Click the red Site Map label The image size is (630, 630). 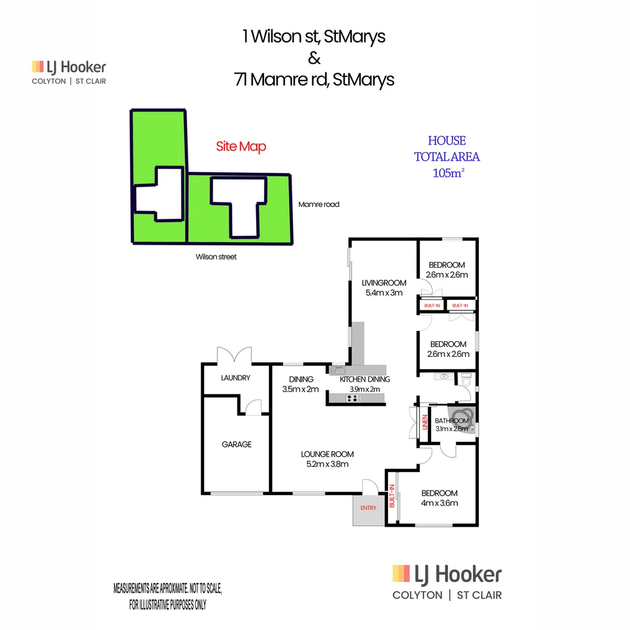[x=241, y=146]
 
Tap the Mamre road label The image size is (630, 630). [x=318, y=205]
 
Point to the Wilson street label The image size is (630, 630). [x=216, y=257]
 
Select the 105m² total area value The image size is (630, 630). [x=447, y=173]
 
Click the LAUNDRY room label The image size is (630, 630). [x=236, y=378]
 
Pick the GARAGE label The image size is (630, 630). [x=236, y=444]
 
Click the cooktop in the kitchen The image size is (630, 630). [x=353, y=398]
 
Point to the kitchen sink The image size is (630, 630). [x=338, y=370]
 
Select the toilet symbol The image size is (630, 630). [x=466, y=380]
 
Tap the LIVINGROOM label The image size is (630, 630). [x=383, y=283]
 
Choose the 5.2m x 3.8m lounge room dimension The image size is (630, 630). [x=327, y=464]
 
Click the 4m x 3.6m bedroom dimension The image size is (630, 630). [x=439, y=503]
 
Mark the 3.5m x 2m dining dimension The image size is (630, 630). [x=300, y=389]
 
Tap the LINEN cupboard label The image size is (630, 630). [x=425, y=421]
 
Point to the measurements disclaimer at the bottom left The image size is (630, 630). [x=167, y=596]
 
